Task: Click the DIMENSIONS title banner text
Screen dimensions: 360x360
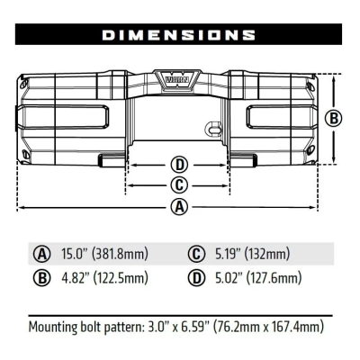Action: (x=179, y=35)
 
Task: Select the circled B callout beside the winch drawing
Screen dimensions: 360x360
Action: (x=332, y=118)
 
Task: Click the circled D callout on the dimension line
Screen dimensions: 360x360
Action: (x=180, y=165)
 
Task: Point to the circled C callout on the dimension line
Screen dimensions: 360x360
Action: (x=180, y=184)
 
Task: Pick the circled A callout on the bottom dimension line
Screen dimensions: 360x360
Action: (x=180, y=207)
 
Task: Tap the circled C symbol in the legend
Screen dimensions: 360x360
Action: (x=196, y=253)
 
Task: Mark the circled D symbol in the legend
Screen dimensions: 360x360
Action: (x=196, y=277)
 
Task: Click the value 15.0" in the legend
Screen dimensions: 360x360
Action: (x=76, y=253)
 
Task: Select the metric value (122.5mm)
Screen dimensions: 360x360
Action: (x=121, y=277)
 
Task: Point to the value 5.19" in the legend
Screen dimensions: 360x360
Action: (x=229, y=253)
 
